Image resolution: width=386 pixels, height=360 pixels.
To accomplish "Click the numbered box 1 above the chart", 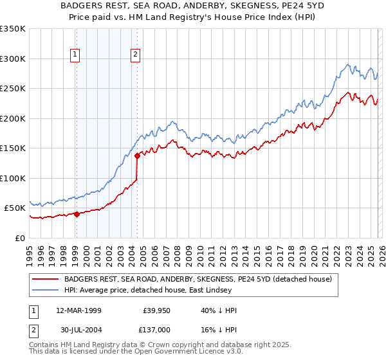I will click(76, 55).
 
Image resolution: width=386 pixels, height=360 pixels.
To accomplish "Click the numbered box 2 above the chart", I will click(136, 55).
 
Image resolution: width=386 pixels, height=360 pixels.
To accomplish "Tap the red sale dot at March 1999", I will click(77, 214).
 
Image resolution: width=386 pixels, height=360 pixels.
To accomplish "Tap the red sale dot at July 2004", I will click(137, 156).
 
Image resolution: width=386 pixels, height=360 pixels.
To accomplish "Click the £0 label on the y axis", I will click(19, 238).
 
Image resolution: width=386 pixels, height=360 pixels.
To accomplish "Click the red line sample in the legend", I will click(46, 279).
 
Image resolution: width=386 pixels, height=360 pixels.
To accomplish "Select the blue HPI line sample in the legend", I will click(46, 290).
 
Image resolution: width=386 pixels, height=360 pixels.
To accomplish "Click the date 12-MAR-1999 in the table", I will click(78, 310).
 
